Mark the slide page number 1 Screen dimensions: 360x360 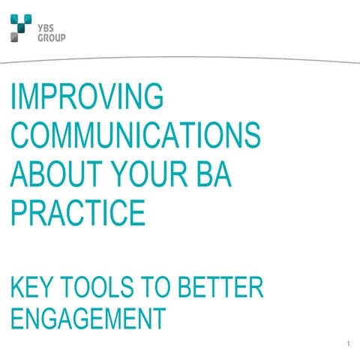pyautogui.click(x=349, y=344)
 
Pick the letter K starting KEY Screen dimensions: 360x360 pyautogui.click(x=18, y=289)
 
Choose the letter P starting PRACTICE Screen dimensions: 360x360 pyautogui.click(x=19, y=214)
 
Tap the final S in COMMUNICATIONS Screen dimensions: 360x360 pyautogui.click(x=252, y=139)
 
